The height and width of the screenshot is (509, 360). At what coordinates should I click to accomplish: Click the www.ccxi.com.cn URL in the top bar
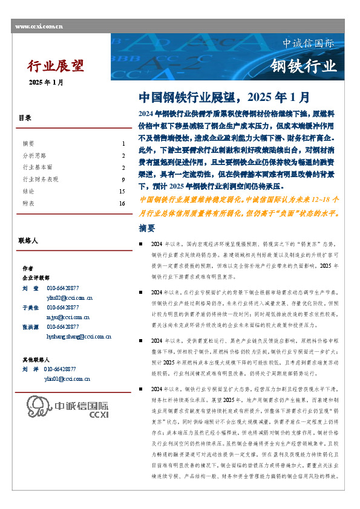click(x=39, y=27)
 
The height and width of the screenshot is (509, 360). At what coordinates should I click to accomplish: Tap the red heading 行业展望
click(x=56, y=65)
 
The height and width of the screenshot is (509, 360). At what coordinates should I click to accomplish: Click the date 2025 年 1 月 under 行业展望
click(x=46, y=82)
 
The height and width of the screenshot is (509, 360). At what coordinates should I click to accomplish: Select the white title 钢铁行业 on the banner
click(x=303, y=65)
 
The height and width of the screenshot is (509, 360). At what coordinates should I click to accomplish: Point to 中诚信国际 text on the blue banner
click(x=309, y=44)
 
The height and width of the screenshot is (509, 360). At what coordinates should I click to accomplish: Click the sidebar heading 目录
click(x=25, y=118)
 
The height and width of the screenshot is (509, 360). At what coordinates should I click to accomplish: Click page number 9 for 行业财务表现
click(x=122, y=180)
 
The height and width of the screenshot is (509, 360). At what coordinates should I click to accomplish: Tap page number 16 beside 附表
click(x=122, y=204)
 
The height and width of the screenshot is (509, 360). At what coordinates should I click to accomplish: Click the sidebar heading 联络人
click(x=28, y=241)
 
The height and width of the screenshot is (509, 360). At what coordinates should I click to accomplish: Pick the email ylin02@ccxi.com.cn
click(x=69, y=297)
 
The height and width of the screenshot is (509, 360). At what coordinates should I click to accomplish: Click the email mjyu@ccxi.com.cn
click(x=67, y=317)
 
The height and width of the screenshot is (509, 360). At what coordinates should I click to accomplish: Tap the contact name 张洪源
click(x=31, y=327)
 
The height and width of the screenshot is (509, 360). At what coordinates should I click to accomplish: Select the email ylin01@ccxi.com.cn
click(x=67, y=378)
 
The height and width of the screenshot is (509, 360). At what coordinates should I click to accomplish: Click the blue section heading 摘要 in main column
click(x=147, y=229)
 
